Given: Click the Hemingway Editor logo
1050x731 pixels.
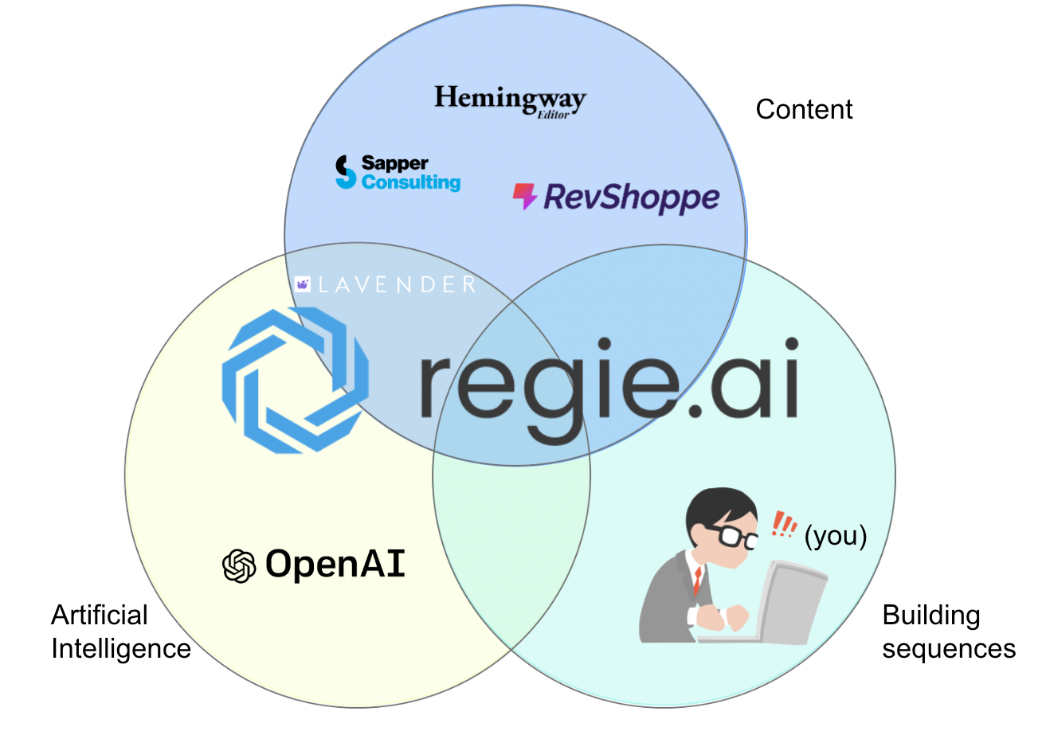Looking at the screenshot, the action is pos(510,102).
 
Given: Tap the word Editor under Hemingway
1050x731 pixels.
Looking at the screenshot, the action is pos(553,115).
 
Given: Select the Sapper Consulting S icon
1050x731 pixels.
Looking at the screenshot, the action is pos(346,172).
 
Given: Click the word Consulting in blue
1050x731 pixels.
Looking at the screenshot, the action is pos(410,182).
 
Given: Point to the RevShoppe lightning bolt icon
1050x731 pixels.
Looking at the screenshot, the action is pos(524,196).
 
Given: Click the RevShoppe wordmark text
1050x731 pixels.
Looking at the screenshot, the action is pos(632,197).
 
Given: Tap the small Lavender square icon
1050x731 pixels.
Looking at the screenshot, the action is pos(303,284).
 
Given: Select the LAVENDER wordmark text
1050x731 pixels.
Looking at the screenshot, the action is pos(397,284).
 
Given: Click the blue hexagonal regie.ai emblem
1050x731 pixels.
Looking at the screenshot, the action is pos(295,380).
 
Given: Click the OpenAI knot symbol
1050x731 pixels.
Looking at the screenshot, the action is pos(239,565).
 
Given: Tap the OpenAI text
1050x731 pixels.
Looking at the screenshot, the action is pos(335,564).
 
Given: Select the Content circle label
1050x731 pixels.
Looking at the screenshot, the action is pos(804,110).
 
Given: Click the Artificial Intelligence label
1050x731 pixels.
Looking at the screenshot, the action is pos(121,631).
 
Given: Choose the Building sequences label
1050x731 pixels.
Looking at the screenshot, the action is pos(949,631).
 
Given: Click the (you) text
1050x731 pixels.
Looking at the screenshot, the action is pos(836,536).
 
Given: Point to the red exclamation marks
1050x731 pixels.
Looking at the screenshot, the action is pos(784,524).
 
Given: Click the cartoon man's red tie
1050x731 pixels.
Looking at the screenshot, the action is pos(698,581).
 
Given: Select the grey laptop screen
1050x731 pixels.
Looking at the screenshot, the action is pos(792,602).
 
